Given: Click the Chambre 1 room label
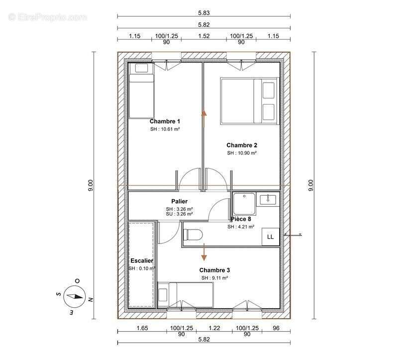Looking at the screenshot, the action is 165,121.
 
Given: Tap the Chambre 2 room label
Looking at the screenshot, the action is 242,145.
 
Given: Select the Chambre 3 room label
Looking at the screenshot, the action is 214,270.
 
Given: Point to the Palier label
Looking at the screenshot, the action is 179,201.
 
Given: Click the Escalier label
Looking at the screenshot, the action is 142,260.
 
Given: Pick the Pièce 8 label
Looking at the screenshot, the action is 241,219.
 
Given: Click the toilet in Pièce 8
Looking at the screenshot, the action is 193,235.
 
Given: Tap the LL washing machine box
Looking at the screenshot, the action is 271,237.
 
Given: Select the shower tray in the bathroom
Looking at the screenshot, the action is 244,204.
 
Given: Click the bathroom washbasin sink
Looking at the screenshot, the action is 268,199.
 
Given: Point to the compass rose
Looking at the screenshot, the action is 75,296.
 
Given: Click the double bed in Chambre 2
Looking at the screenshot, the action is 249,101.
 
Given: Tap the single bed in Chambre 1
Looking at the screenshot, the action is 141,91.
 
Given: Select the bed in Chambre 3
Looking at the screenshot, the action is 185,295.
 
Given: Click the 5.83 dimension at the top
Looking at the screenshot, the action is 204,13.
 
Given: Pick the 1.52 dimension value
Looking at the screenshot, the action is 204,36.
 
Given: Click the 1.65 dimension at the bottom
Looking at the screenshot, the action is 142,328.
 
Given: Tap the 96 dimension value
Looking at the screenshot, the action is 276,328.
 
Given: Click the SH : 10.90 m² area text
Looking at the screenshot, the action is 242,153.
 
